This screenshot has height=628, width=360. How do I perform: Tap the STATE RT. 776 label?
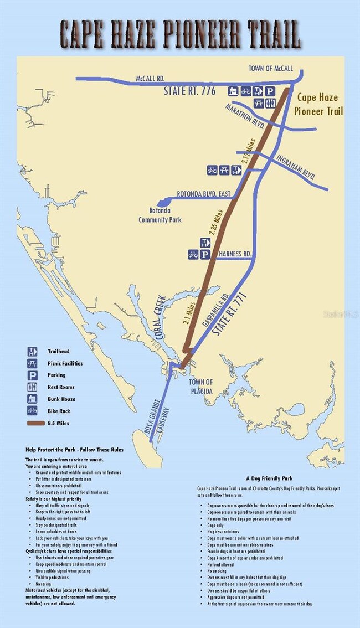tap(190, 91)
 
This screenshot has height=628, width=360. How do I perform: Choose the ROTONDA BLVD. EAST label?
tap(204, 194)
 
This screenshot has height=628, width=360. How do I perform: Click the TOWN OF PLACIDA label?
tap(200, 386)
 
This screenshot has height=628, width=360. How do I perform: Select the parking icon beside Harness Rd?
tap(205, 254)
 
